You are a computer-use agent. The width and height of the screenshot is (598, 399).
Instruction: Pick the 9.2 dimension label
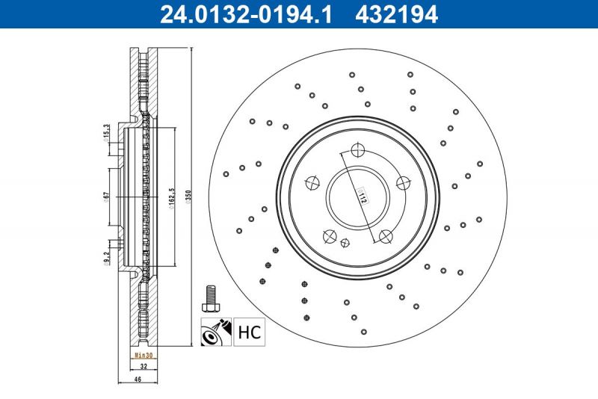point(107,259)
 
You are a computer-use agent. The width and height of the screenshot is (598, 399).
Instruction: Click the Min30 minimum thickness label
point(142,356)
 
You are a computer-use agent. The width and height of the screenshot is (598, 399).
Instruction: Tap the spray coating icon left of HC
point(215,331)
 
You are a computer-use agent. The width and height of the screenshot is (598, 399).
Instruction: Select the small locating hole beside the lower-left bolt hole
point(344,242)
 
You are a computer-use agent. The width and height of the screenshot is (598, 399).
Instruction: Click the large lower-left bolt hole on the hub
point(329,236)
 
